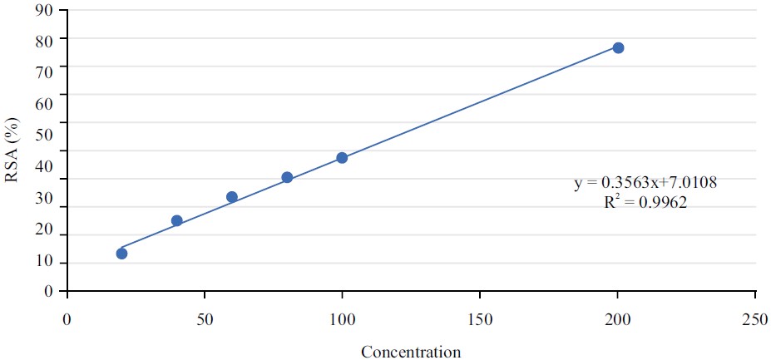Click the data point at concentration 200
click(618, 47)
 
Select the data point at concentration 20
click(121, 253)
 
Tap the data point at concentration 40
click(176, 220)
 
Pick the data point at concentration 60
click(232, 197)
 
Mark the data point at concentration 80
click(287, 177)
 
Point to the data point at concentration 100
click(342, 157)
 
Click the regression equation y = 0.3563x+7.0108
click(645, 182)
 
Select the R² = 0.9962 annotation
click(645, 202)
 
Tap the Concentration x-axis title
click(411, 352)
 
